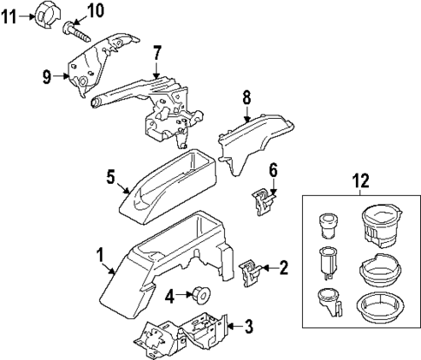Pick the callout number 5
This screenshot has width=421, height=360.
[111, 177]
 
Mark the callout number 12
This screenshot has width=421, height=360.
[361, 184]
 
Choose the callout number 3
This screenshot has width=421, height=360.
[248, 327]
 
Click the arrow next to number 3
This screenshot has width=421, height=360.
[233, 327]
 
